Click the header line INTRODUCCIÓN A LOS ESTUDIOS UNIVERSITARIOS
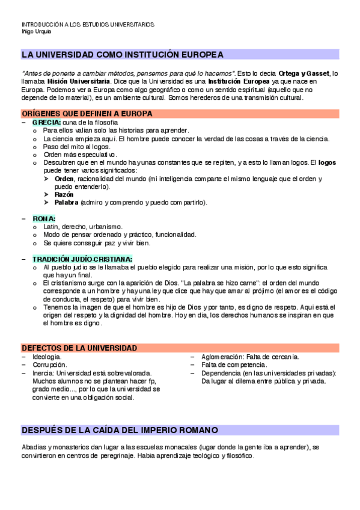pos(88,25)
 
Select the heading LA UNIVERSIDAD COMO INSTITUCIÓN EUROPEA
pos(123,55)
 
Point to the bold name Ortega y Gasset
pos(304,73)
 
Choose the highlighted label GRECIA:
pos(46,122)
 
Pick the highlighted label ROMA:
pos(44,218)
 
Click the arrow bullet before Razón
pos(47,195)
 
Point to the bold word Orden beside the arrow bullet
pos(64,179)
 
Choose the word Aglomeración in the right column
pos(222,357)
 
